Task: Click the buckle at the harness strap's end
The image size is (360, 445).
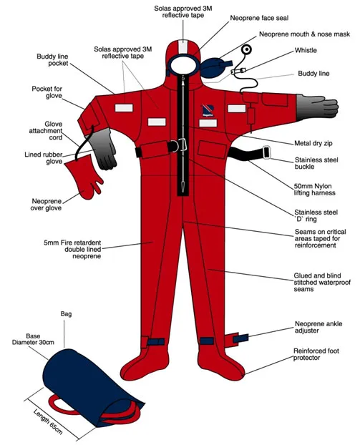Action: (266, 152)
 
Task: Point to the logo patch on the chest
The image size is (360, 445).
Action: (206, 109)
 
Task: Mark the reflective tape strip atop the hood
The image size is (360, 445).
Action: (185, 43)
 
